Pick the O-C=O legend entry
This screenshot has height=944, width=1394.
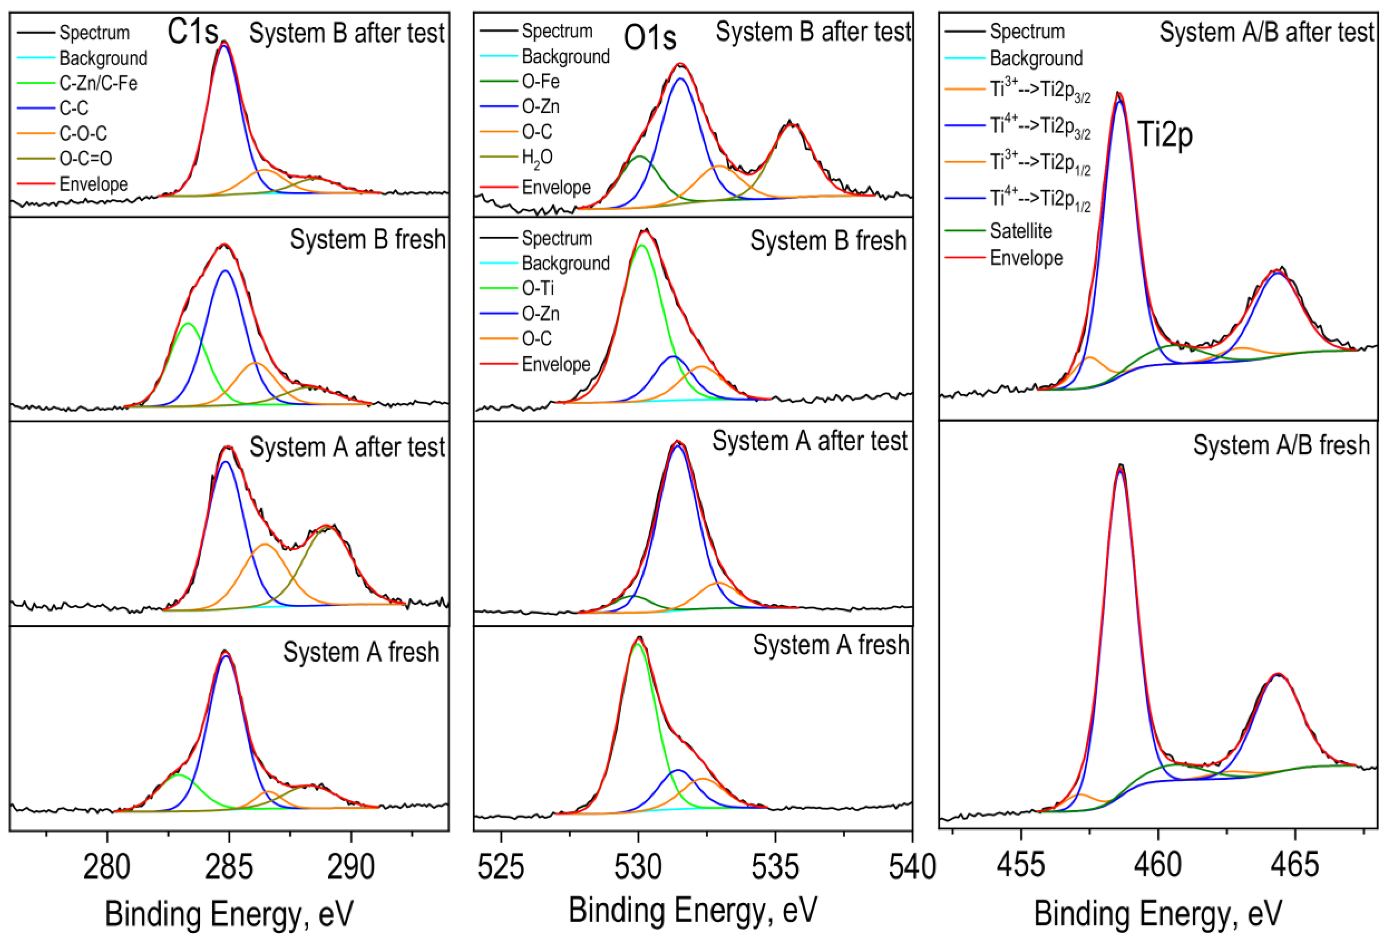click(85, 158)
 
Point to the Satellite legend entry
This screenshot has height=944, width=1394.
click(1021, 230)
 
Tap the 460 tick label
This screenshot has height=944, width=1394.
click(1158, 865)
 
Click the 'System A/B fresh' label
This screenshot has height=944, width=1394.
click(1281, 445)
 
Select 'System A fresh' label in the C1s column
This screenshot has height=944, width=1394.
click(361, 652)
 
